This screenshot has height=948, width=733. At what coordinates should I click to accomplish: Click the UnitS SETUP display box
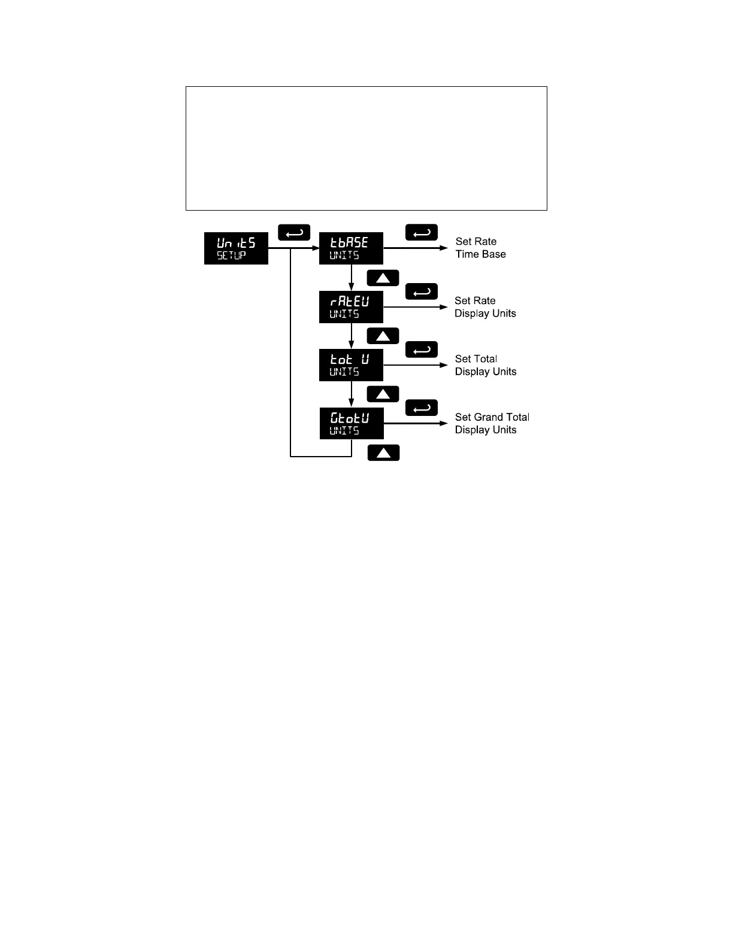tap(236, 248)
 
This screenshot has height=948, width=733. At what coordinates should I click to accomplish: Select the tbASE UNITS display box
tap(351, 248)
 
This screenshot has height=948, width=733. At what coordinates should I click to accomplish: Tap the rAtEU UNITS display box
tap(351, 307)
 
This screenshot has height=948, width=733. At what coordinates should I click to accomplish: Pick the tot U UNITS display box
tap(351, 365)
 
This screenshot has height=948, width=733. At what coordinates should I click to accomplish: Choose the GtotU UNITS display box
tap(352, 424)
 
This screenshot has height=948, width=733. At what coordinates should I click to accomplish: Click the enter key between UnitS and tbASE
tap(294, 232)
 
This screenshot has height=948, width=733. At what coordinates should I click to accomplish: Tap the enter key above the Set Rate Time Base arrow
tap(422, 232)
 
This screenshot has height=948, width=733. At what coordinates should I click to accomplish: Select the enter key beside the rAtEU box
tap(422, 291)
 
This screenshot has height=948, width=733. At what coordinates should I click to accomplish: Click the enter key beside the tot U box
tap(422, 350)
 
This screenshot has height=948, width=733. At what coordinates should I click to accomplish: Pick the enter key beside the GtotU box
tap(422, 408)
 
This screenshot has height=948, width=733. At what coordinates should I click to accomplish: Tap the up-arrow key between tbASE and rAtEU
tap(383, 278)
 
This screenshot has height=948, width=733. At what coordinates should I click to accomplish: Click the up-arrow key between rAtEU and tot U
tap(383, 336)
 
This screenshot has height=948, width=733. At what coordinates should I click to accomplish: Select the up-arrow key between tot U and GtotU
tap(383, 394)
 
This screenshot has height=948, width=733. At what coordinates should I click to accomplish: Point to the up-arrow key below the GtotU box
tap(383, 452)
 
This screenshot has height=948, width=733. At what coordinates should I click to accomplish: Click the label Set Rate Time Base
tap(480, 248)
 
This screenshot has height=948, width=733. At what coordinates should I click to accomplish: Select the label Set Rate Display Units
tap(485, 307)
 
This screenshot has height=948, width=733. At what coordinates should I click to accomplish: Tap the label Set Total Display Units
tap(486, 365)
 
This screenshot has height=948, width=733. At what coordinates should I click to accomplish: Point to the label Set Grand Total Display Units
tap(492, 423)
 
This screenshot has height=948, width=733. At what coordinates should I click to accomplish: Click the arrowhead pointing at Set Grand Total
tap(444, 424)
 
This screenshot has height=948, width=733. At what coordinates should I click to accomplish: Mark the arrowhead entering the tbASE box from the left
tap(315, 248)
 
